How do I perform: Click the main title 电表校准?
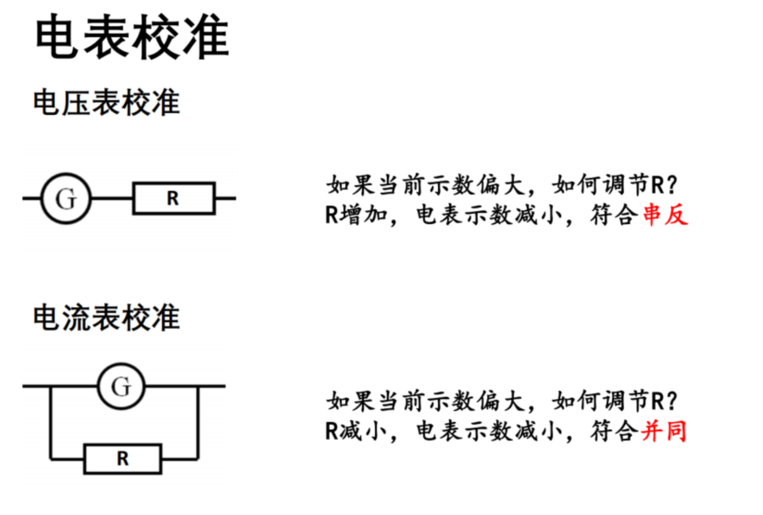(132, 37)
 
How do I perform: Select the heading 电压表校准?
(106, 102)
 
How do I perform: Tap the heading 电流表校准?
(106, 318)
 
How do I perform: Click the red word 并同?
(664, 431)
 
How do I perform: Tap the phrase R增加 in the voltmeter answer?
(356, 215)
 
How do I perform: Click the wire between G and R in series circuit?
(112, 198)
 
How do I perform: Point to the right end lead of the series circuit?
(226, 198)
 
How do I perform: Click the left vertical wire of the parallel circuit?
(50, 423)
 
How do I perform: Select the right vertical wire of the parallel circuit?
(198, 423)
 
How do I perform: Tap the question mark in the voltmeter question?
(672, 185)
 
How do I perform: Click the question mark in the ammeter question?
(672, 401)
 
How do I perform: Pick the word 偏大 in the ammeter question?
(501, 401)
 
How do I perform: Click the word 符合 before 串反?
(614, 215)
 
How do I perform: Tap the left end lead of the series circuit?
(31, 198)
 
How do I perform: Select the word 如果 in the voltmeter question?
(350, 185)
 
